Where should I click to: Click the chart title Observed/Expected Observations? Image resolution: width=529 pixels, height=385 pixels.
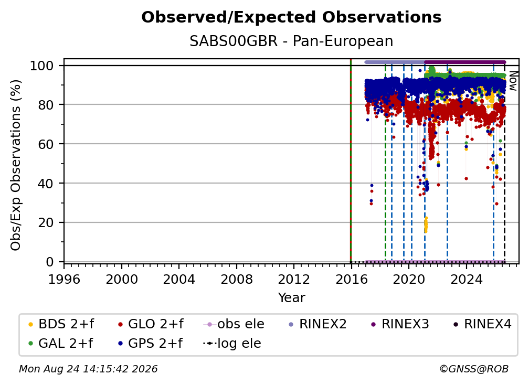pyautogui.click(x=291, y=17)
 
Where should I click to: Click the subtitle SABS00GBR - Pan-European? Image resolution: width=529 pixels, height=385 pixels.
pyautogui.click(x=291, y=41)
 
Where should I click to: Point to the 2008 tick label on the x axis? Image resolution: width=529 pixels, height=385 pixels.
pyautogui.click(x=237, y=280)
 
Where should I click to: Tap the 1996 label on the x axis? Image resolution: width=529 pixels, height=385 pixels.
pyautogui.click(x=64, y=280)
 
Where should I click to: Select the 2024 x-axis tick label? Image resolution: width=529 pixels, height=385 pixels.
pyautogui.click(x=466, y=280)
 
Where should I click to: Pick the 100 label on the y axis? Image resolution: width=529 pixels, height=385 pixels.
pyautogui.click(x=42, y=66)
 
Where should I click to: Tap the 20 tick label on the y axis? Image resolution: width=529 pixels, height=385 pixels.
pyautogui.click(x=46, y=223)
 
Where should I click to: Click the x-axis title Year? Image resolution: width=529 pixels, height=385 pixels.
pyautogui.click(x=291, y=298)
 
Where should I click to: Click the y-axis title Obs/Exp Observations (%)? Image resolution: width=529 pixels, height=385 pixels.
pyautogui.click(x=16, y=165)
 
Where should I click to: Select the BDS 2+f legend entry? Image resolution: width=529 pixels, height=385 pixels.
pyautogui.click(x=61, y=324)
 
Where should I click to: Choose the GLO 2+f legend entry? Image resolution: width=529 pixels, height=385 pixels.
pyautogui.click(x=151, y=324)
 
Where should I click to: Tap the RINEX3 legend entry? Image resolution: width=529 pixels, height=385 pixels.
pyautogui.click(x=400, y=324)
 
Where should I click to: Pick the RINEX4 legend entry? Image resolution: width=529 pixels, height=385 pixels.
pyautogui.click(x=482, y=324)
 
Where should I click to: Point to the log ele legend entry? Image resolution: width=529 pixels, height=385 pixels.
pyautogui.click(x=232, y=344)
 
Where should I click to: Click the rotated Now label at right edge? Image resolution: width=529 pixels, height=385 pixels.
pyautogui.click(x=513, y=81)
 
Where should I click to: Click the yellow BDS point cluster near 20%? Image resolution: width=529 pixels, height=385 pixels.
pyautogui.click(x=426, y=224)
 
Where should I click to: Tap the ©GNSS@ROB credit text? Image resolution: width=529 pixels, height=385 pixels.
pyautogui.click(x=474, y=369)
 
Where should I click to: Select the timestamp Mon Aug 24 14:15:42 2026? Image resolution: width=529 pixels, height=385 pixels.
pyautogui.click(x=88, y=369)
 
